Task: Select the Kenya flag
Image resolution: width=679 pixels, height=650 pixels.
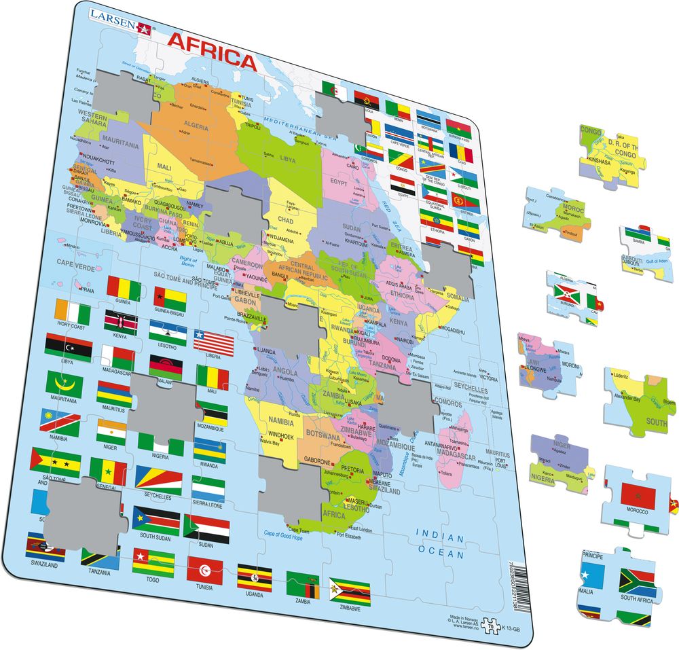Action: pyautogui.click(x=120, y=323)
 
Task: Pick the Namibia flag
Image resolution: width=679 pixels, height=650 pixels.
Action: pyautogui.click(x=63, y=422)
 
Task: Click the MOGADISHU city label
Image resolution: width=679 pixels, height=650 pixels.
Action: pyautogui.click(x=454, y=329)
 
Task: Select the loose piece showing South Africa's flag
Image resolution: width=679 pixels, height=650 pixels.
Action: pyautogui.click(x=618, y=585)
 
